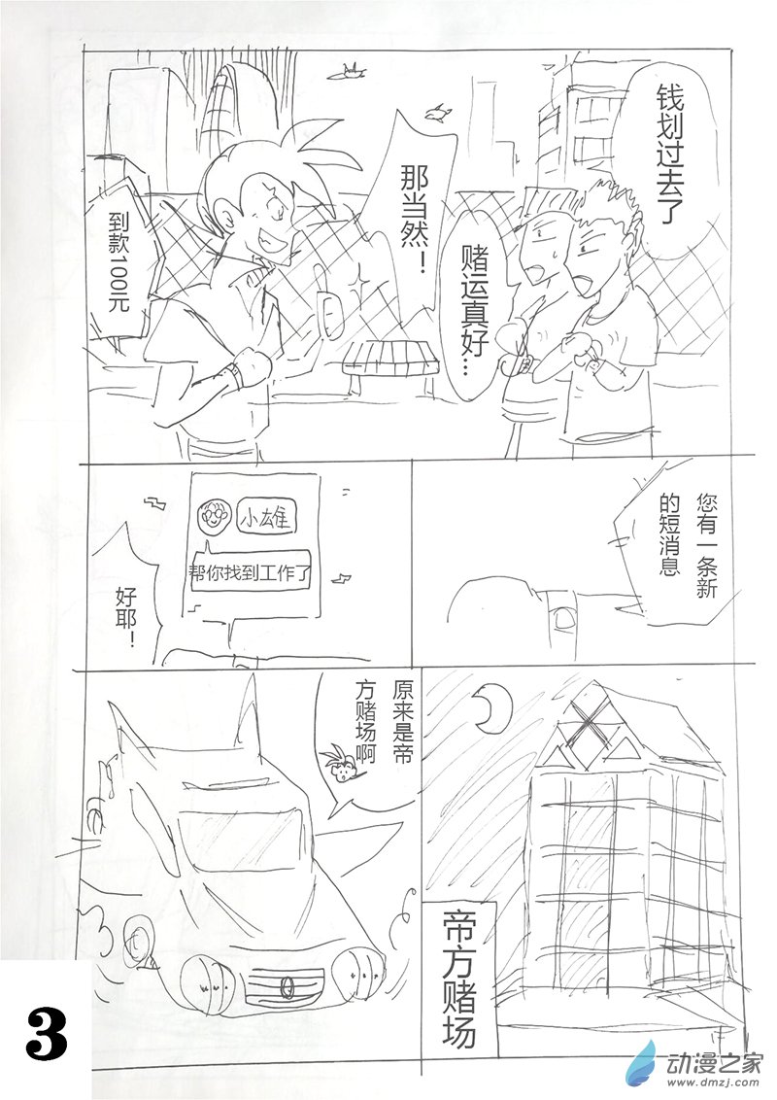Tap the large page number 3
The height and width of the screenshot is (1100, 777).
coord(47,1036)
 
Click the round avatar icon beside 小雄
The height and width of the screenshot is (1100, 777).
coord(212,519)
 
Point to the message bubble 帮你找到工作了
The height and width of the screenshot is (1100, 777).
coord(251,574)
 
